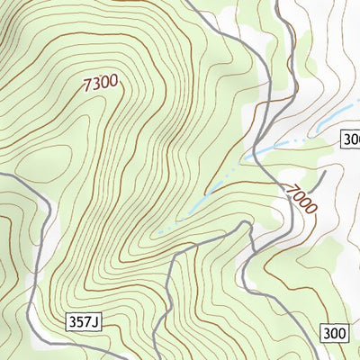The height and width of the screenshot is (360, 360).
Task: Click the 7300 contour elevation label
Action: [x=100, y=84]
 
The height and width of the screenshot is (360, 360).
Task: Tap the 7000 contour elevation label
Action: [x=301, y=199]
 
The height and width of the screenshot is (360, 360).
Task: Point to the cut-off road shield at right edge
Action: [x=351, y=138]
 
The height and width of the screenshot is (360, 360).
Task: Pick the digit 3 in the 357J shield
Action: [x=71, y=321]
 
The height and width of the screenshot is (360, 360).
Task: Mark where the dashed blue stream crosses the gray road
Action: [x=260, y=151]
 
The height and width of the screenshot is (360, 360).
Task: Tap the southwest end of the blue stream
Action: [x=160, y=232]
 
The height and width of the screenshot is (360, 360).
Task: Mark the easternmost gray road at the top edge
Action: [x=278, y=4]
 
